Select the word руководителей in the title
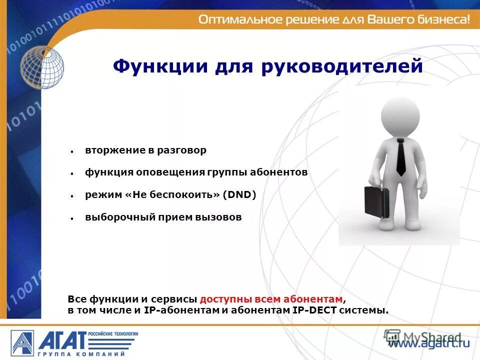point(342,67)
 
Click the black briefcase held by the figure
point(376,202)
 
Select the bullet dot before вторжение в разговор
point(72,151)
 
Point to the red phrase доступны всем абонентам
point(271,299)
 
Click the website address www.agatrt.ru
point(429,343)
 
